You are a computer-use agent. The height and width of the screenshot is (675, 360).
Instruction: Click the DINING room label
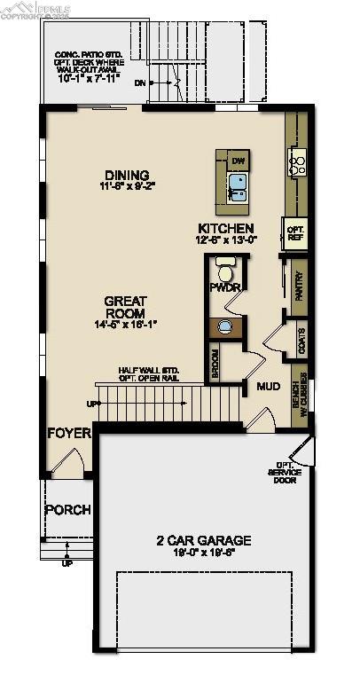[126, 175]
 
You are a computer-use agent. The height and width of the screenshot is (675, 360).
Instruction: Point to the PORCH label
[67, 509]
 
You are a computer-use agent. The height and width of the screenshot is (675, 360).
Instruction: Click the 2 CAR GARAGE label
[204, 539]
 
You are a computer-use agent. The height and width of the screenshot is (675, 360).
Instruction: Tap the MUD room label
[269, 387]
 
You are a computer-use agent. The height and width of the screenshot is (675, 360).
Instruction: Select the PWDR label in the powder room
[221, 288]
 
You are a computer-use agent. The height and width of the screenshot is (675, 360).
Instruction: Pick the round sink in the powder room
[226, 327]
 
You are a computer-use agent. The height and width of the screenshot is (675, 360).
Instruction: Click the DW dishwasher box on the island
[237, 161]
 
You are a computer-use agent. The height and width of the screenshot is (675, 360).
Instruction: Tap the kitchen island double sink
[237, 185]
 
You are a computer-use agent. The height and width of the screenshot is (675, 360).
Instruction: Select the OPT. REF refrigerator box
[294, 232]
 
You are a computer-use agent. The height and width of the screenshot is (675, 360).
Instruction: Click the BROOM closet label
[215, 365]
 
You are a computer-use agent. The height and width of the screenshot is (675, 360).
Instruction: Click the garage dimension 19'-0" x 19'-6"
[204, 551]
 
